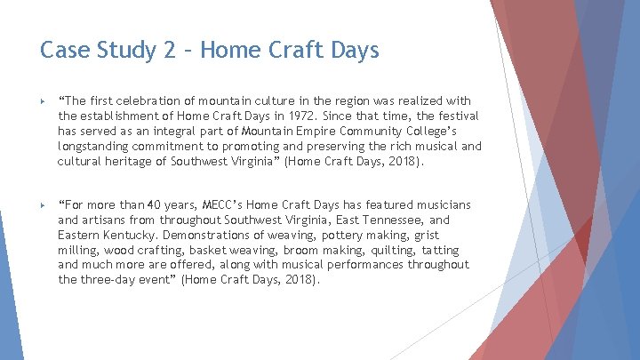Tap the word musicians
441,205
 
